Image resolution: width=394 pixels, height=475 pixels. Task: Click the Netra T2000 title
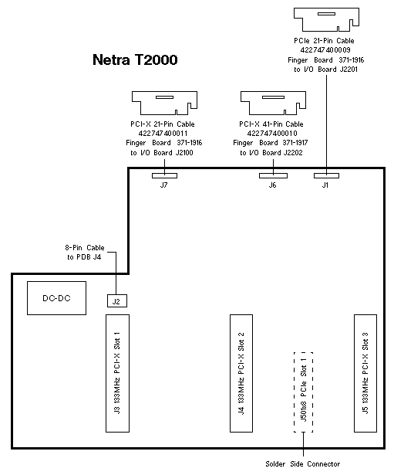(x=135, y=59)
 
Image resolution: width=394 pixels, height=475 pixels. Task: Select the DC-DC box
(x=56, y=298)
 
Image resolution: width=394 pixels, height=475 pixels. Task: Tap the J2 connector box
(x=117, y=300)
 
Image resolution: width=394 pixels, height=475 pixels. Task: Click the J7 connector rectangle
(x=164, y=175)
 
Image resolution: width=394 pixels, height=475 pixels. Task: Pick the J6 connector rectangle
(x=274, y=175)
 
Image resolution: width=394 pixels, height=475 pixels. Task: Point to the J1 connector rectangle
(x=326, y=175)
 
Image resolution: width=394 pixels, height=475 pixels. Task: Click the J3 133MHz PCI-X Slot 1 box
(x=118, y=373)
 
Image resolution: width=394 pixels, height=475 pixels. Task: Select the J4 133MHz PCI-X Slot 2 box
(x=241, y=373)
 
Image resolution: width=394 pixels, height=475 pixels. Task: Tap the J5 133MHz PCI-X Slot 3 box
(x=365, y=373)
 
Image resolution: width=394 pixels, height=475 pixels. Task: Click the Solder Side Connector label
(x=303, y=463)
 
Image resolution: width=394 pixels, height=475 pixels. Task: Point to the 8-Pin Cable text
(x=85, y=247)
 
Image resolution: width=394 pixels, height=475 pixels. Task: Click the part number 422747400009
(x=325, y=49)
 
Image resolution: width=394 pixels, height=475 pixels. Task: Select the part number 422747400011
(x=163, y=134)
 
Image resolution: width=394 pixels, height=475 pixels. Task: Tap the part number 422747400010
(x=272, y=134)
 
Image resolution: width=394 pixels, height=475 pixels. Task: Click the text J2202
(x=293, y=153)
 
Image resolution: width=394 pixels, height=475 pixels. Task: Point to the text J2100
(x=184, y=153)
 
